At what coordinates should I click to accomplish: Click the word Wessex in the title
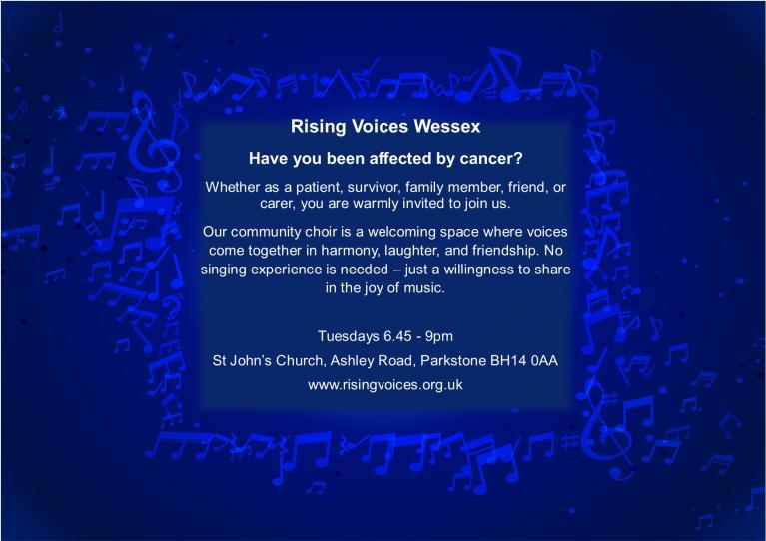(447, 126)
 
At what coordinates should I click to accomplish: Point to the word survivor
(374, 187)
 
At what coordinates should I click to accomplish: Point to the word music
(423, 288)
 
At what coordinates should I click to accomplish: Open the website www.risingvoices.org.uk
(385, 385)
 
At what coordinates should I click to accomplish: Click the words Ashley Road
(372, 360)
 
